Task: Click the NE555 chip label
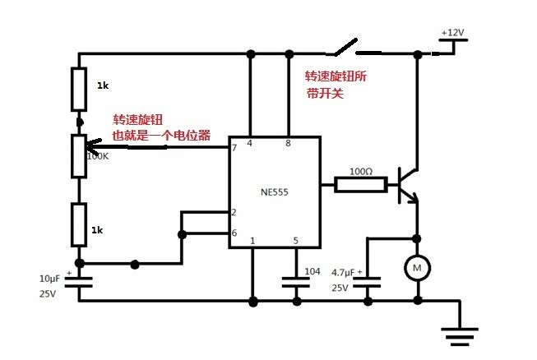point(274,192)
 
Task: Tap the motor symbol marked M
point(416,266)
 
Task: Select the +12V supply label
point(452,33)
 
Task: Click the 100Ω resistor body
point(360,185)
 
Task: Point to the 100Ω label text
point(360,171)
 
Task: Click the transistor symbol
point(406,186)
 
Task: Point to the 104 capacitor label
point(313,271)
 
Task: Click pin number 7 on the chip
point(234,148)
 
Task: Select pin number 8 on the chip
point(287,144)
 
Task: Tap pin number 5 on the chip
point(294,241)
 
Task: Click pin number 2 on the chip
point(234,213)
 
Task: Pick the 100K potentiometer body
point(80,155)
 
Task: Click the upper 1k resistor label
point(103,85)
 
